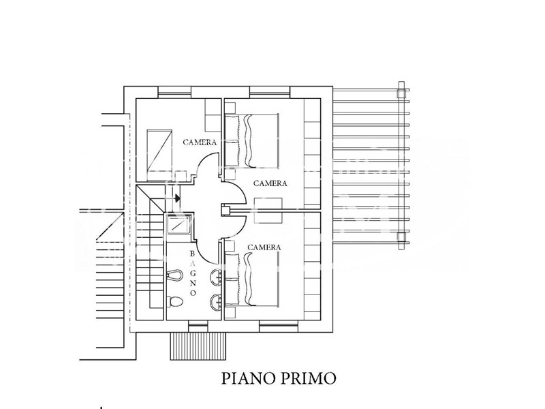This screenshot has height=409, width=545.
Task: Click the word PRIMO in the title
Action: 308,378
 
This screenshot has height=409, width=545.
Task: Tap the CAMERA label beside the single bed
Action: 200,142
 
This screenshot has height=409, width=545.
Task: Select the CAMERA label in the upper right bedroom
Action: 270,183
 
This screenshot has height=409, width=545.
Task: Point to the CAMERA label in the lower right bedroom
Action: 264,247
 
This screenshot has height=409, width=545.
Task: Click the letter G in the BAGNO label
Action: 193,273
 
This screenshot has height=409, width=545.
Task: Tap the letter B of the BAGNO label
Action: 193,254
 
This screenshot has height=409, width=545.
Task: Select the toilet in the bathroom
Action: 175,301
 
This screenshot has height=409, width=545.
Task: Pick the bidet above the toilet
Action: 175,275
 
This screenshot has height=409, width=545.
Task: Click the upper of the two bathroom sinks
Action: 216,277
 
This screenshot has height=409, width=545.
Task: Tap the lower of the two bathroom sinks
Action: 216,302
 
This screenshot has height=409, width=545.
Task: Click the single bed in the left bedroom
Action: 159,155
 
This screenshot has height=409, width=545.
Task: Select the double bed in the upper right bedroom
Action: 251,141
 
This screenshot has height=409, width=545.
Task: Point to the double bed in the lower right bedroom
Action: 251,279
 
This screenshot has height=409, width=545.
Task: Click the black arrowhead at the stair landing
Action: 178,198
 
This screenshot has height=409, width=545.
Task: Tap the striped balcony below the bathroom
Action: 198,346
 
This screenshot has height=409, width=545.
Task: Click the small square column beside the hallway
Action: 226,210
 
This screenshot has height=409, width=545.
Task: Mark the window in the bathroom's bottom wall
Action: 198,327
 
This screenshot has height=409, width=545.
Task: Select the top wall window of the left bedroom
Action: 174,92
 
